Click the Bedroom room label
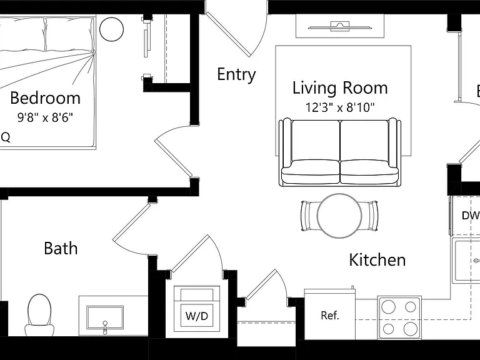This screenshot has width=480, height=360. coord(45,98)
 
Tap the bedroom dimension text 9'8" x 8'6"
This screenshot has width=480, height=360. coord(45,117)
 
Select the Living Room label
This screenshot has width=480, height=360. coord(340,88)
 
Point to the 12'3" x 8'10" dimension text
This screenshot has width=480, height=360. coord(340,107)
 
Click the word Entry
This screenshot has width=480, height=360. coord(236,75)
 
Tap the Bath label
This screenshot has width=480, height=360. coord(61,248)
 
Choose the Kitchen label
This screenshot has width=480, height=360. coord(377,260)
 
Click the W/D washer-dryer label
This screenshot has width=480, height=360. coord(196,316)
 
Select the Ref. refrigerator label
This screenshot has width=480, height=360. coord(330,315)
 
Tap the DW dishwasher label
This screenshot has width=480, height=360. coord(471,216)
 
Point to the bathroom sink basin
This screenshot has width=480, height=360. coord(105,317)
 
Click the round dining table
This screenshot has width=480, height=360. coord(339,216)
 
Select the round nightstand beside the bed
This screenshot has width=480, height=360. coord(111,29)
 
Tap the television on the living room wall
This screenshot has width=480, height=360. coord(340,26)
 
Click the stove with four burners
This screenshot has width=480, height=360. coord(399,317)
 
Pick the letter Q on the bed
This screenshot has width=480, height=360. coord(6,137)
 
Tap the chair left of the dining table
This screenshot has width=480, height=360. coord(309,216)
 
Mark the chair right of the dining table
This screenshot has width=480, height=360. coord(370,216)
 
